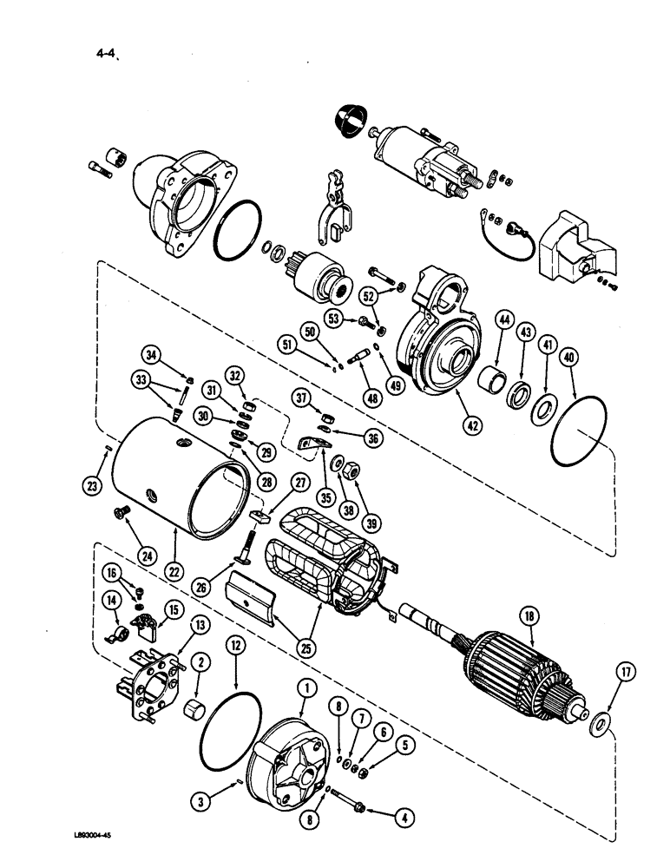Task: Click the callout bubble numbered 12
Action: pos(235,643)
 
